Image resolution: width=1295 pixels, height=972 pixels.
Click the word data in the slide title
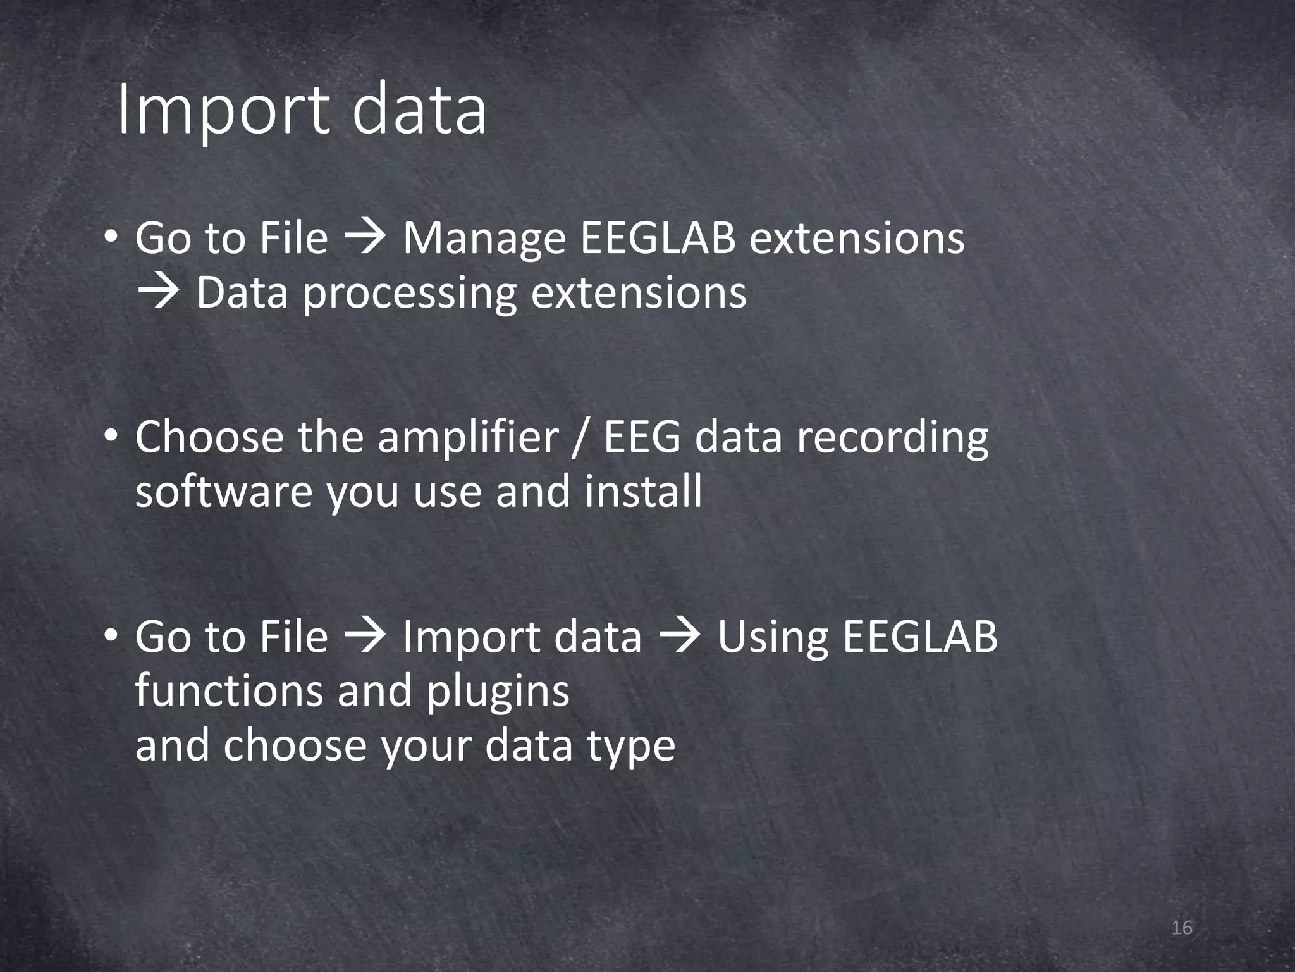[x=419, y=111]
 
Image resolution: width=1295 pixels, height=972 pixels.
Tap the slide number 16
[x=1181, y=928]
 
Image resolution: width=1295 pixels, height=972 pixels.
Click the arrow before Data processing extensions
[x=158, y=293]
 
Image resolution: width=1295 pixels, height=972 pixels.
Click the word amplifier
[x=468, y=439]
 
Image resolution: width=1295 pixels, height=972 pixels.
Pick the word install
[x=643, y=492]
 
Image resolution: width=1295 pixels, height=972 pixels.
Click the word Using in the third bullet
[x=772, y=638]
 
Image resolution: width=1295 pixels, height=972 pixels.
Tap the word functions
[x=229, y=691]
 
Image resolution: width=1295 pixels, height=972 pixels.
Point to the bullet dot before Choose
[x=111, y=437]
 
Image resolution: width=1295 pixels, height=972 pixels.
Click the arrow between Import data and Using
[x=679, y=637]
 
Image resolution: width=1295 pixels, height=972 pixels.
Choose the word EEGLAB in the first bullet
[x=658, y=239]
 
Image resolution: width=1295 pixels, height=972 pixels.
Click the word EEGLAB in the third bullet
[x=920, y=637]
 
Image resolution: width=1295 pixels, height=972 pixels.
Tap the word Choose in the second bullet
[x=209, y=439]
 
